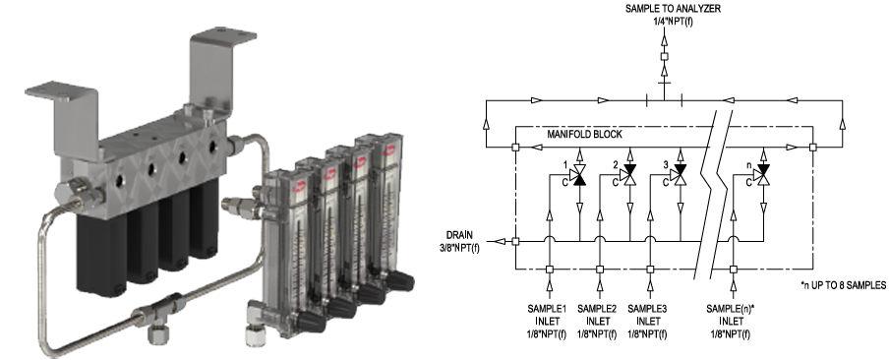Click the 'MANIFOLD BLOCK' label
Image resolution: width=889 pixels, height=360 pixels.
(x=584, y=135)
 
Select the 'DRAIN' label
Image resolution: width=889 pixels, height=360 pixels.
(x=459, y=235)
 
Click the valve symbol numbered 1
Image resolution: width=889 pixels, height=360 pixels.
(x=579, y=176)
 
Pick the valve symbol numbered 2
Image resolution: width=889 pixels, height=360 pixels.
(x=629, y=176)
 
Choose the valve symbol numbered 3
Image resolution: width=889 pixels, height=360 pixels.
(x=680, y=176)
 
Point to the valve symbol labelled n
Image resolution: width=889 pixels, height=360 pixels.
(x=763, y=176)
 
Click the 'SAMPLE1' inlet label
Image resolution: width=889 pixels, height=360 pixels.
(x=547, y=309)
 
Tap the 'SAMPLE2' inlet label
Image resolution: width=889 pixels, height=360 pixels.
(x=597, y=309)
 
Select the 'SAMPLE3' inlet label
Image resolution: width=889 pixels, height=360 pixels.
(x=647, y=309)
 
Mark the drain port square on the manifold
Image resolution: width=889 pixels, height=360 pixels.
(x=515, y=242)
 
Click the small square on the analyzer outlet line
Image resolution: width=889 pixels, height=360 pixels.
(x=665, y=57)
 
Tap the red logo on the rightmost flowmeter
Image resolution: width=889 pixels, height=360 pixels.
(x=390, y=150)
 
